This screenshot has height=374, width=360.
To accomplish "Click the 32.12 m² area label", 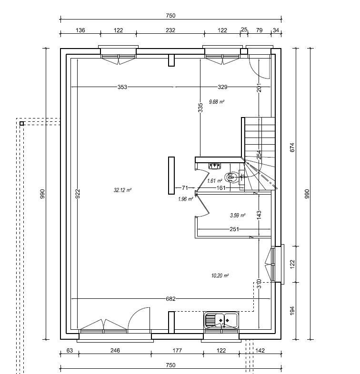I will point(122,190).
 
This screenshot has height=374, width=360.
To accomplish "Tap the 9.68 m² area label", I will point(217,101).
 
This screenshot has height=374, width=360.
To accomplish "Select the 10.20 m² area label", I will point(220,276).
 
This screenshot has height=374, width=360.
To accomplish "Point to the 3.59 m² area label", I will point(237,215).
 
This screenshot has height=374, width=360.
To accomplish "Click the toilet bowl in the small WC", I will point(231,177).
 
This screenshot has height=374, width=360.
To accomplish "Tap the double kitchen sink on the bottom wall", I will point(221,320).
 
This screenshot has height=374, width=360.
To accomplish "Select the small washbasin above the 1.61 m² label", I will point(215,166).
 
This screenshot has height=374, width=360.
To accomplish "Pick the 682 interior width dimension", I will point(171,299).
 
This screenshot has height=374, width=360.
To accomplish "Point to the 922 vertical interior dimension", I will point(78,193).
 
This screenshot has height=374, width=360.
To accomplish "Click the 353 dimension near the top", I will point(122,87).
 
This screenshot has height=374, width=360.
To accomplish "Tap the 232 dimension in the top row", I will point(170,30).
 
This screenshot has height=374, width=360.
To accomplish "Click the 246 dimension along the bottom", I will point(115,351).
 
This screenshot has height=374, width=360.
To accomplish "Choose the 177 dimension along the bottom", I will point(177,351).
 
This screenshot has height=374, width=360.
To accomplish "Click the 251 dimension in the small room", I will point(233,230).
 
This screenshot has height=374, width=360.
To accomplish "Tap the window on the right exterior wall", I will point(274,264).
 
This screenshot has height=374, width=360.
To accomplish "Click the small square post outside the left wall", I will point(21,124).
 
